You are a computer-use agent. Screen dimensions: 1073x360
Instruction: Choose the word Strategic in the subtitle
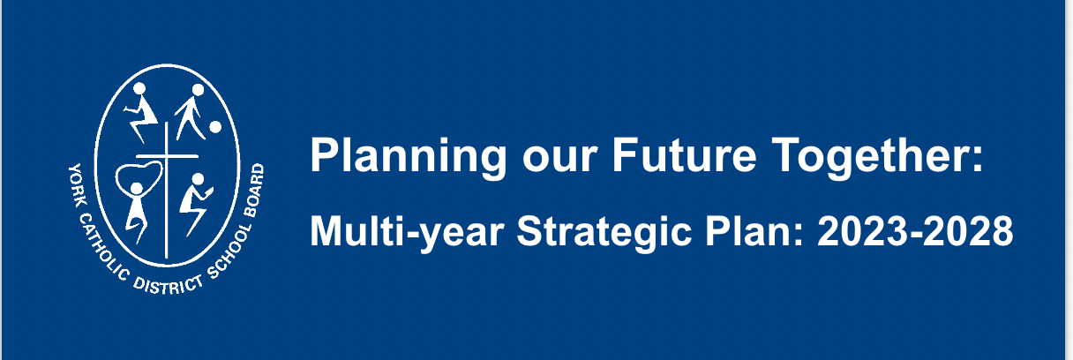coord(604,233)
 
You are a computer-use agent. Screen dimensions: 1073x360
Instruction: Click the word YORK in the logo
coord(77,181)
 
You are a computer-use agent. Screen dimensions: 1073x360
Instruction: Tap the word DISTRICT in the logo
coord(168,285)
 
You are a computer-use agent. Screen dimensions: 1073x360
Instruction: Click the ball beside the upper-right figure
coord(215,127)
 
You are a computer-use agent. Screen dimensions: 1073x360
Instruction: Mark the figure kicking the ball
coord(191,112)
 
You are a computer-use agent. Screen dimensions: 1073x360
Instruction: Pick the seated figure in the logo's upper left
coord(140,113)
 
